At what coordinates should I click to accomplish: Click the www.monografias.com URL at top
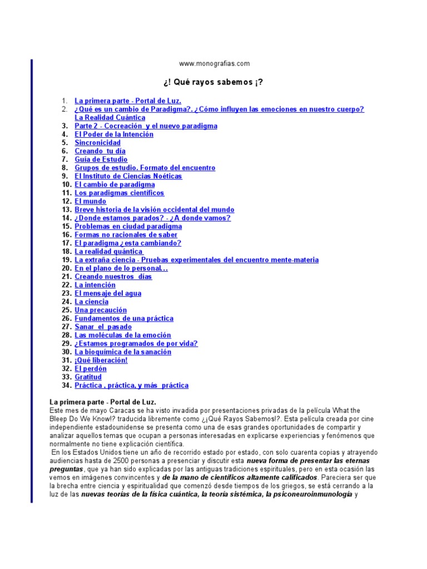(x=214, y=64)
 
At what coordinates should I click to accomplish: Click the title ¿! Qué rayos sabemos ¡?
(x=213, y=82)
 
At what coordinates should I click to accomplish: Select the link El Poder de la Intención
(x=114, y=134)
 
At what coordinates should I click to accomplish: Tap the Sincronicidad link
(x=98, y=143)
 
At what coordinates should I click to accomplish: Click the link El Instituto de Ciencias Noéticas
(x=128, y=176)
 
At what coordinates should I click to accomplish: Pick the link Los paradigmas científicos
(x=120, y=193)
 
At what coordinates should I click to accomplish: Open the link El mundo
(x=91, y=201)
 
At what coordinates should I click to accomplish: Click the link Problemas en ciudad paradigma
(x=128, y=227)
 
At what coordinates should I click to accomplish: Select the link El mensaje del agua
(x=108, y=293)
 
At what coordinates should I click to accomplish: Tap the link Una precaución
(x=101, y=310)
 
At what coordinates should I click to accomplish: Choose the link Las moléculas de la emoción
(x=123, y=336)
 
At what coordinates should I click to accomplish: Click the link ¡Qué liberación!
(x=101, y=361)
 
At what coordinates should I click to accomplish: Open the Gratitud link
(x=88, y=377)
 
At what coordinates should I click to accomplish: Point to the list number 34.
(x=66, y=386)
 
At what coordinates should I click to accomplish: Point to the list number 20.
(x=66, y=268)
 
